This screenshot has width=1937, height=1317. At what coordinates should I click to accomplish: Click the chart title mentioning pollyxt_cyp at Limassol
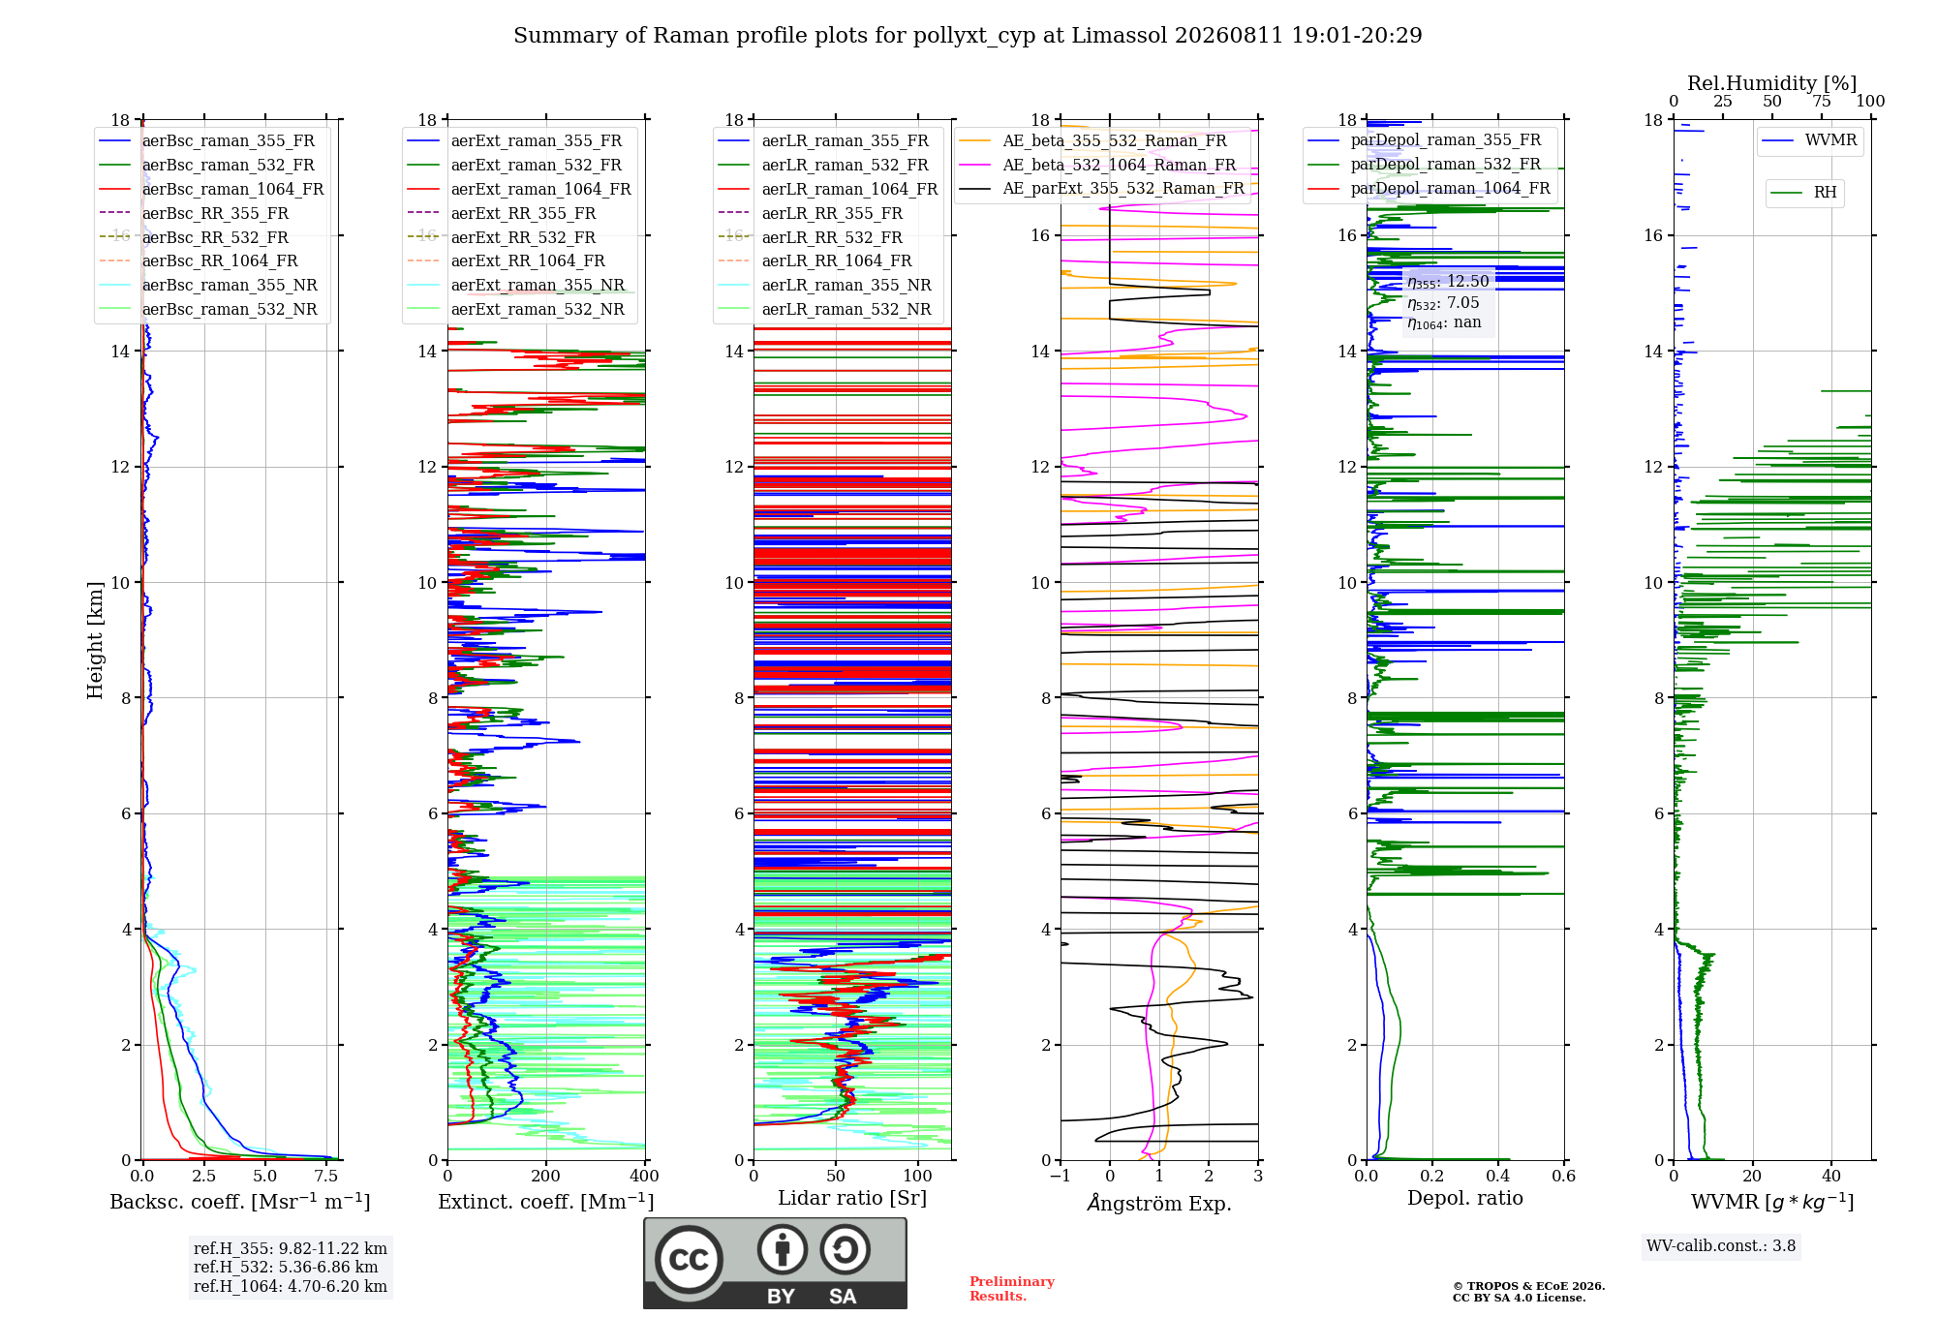[968, 36]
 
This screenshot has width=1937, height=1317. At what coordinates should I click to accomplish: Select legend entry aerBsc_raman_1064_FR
[232, 189]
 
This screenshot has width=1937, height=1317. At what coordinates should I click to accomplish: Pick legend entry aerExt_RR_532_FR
[523, 237]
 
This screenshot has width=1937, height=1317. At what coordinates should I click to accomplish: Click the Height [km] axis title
[95, 640]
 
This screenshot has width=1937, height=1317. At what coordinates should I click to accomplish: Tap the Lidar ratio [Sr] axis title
[852, 1198]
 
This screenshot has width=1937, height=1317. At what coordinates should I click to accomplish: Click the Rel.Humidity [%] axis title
[1772, 83]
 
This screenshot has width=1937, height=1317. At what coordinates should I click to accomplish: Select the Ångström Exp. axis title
[1159, 1203]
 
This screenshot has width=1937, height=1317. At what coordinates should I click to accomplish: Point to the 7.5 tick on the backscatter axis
[326, 1177]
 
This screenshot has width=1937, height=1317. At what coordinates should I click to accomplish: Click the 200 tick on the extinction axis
[546, 1177]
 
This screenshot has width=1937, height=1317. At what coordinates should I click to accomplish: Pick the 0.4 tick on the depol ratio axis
[1498, 1177]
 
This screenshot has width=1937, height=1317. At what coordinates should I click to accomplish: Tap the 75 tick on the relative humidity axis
[1822, 102]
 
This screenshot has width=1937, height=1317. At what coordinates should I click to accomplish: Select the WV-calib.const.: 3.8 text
[1721, 1246]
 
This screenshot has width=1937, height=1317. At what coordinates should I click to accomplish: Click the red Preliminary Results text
[1012, 1289]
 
